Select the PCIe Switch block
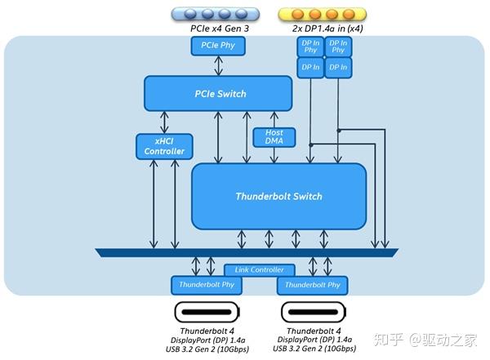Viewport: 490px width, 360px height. [218, 94]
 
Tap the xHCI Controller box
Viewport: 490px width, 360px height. [164, 146]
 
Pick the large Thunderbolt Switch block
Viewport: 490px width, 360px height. [278, 196]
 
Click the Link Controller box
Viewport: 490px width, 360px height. [260, 269]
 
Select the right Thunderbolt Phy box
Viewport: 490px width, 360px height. [311, 285]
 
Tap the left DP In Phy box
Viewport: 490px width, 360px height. [310, 47]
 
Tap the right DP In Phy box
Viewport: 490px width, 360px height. [336, 47]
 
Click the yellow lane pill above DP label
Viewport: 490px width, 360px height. [323, 13]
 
